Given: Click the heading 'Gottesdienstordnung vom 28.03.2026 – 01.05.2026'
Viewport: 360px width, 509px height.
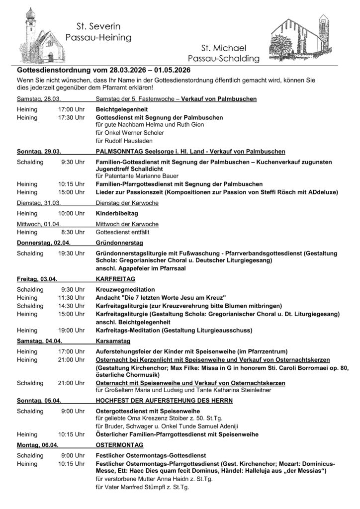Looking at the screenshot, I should [x=111, y=70].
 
